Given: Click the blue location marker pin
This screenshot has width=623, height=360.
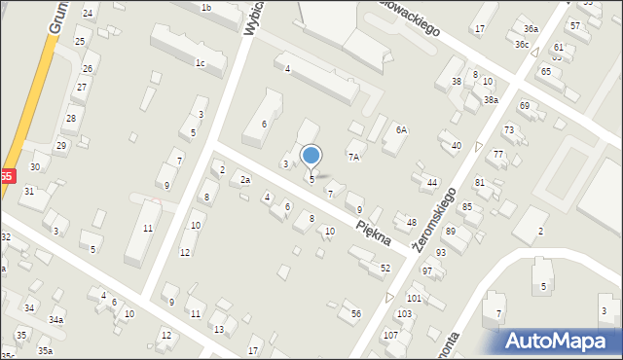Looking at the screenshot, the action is click(x=311, y=156).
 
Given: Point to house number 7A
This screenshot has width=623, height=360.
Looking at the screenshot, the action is click(x=355, y=156).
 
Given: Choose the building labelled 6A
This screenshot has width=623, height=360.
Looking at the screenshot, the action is click(x=401, y=129).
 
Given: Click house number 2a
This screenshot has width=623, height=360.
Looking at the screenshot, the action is click(x=245, y=180).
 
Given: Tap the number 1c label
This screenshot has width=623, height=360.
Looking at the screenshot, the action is click(x=200, y=63).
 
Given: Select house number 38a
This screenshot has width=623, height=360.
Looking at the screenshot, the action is click(x=492, y=99).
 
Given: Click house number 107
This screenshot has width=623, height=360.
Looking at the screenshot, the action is click(x=390, y=335).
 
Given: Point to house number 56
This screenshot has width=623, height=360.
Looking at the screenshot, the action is click(x=356, y=313).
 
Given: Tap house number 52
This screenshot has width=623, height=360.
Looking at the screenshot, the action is click(x=385, y=268).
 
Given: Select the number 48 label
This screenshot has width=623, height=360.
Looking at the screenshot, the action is click(x=411, y=223).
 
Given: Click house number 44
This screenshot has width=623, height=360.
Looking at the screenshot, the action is click(x=432, y=182).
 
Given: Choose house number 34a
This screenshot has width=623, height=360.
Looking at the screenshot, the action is click(x=56, y=320).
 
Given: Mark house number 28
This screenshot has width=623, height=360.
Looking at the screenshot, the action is click(x=70, y=119).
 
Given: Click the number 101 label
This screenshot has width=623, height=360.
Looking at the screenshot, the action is click(x=415, y=298).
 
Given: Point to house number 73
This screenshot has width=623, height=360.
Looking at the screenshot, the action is click(x=508, y=129).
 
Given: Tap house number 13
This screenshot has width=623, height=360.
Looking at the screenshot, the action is click(x=219, y=329).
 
